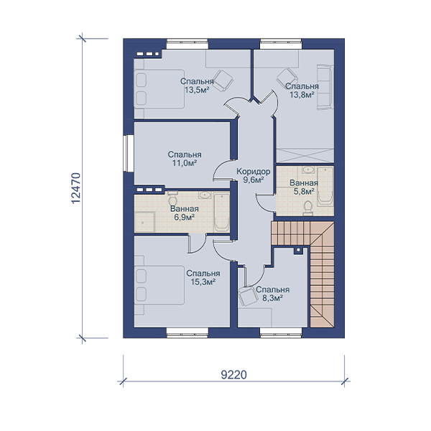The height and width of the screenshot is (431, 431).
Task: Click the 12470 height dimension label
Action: coord(75,188)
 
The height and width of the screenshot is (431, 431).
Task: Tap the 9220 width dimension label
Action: coord(234,375)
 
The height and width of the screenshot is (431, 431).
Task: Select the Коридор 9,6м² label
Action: coord(253,176)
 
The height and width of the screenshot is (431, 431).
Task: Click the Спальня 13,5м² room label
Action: coord(197,85)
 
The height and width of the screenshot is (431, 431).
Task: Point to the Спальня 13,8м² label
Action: coord(302,91)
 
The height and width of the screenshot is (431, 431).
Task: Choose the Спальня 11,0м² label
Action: coord(185,159)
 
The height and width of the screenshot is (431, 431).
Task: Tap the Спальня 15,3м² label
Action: coord(203,277)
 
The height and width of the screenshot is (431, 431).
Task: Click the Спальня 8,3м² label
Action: coord(272,294)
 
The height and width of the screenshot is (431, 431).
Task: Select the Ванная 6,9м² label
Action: coord(185,213)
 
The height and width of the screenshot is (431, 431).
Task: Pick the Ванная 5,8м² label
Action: coord(304,187)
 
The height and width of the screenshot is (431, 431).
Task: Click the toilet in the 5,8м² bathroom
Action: coord(307,208)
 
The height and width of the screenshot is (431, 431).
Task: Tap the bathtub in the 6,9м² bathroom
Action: coord(221,212)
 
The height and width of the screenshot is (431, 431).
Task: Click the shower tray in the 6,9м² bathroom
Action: coord(144,222)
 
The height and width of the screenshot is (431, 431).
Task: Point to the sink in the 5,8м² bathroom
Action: coord(310,170)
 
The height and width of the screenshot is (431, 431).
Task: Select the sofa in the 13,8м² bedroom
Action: coord(325,87)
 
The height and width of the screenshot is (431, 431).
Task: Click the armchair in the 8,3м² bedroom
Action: coord(248,296)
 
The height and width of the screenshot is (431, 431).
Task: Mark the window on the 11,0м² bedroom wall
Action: coord(128,153)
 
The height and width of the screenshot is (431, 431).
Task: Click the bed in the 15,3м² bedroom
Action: coord(159,284)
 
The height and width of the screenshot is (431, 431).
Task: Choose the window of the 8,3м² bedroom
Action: coord(281,332)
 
